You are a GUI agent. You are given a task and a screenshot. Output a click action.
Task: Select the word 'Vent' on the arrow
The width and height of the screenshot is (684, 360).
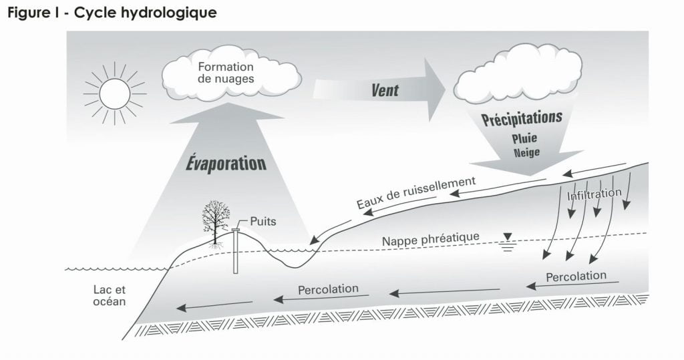point(385,89)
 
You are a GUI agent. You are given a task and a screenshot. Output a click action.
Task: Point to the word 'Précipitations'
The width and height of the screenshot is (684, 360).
point(522,120)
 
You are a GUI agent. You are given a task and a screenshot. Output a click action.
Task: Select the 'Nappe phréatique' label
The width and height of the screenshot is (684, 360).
point(431,238)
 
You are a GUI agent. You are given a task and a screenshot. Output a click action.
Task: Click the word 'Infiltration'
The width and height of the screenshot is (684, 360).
point(594,196)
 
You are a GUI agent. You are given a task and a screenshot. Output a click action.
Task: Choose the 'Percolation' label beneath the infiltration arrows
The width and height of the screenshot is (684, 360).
point(576,276)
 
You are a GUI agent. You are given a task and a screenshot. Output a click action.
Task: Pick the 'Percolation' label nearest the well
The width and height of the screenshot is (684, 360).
point(328,290)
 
